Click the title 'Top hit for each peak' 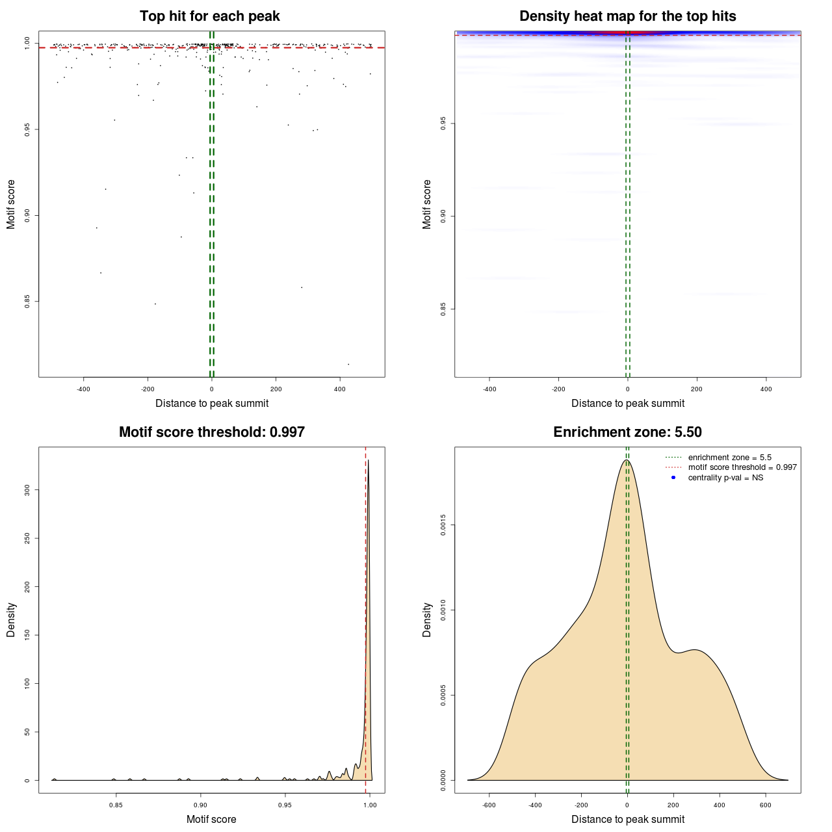pyautogui.click(x=209, y=16)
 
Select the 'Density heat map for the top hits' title pyautogui.click(x=627, y=16)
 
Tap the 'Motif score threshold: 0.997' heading pyautogui.click(x=211, y=432)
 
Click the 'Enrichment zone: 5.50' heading pyautogui.click(x=627, y=432)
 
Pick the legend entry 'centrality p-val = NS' pyautogui.click(x=725, y=478)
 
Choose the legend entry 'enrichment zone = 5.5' pyautogui.click(x=729, y=458)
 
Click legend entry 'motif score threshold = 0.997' pyautogui.click(x=742, y=467)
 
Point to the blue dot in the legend pyautogui.click(x=673, y=478)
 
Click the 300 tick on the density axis pyautogui.click(x=27, y=489)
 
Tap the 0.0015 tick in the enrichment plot pyautogui.click(x=443, y=525)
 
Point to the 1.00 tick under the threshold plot pyautogui.click(x=369, y=805)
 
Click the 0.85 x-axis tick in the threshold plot pyautogui.click(x=116, y=805)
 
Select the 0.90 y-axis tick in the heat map pyautogui.click(x=443, y=216)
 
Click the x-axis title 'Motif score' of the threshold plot pyautogui.click(x=211, y=819)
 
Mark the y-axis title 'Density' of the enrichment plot pyautogui.click(x=427, y=619)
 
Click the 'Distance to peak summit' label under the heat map pyautogui.click(x=627, y=403)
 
